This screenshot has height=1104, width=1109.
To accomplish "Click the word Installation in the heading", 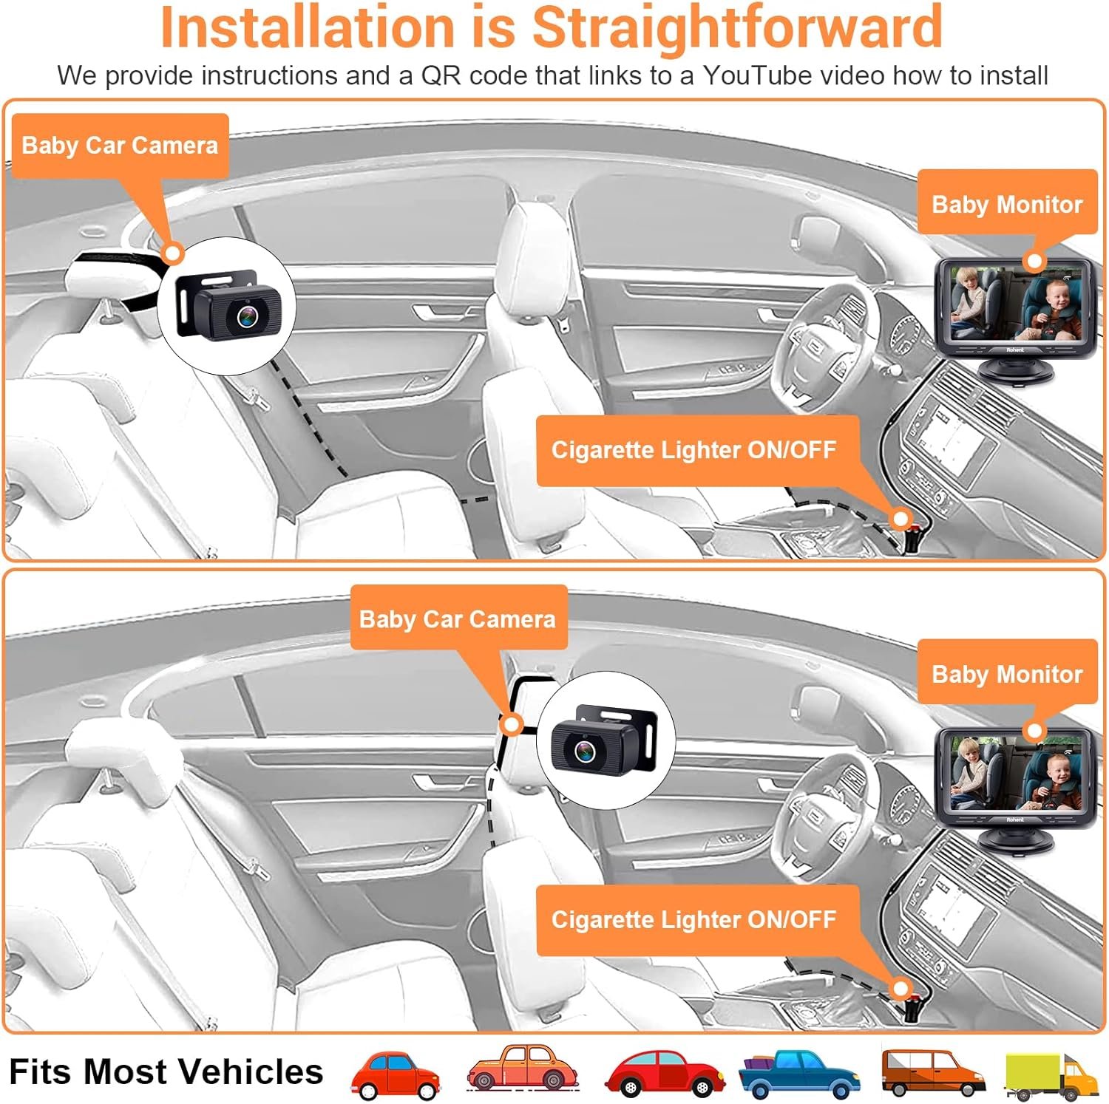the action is (x=307, y=27).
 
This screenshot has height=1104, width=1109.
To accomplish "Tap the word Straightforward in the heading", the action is (x=737, y=27).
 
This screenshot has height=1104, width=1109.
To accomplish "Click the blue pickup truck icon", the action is (x=800, y=1072).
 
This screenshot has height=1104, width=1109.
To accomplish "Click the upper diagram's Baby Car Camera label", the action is (x=120, y=145).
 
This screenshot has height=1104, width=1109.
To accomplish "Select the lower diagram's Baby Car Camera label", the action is (x=458, y=619).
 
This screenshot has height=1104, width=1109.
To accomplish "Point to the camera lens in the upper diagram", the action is (x=248, y=316).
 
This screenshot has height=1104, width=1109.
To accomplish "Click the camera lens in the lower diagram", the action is (x=585, y=751).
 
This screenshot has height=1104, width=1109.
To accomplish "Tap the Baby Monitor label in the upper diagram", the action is (x=1007, y=204).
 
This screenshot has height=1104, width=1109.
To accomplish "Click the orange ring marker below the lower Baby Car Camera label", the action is (x=511, y=725).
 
